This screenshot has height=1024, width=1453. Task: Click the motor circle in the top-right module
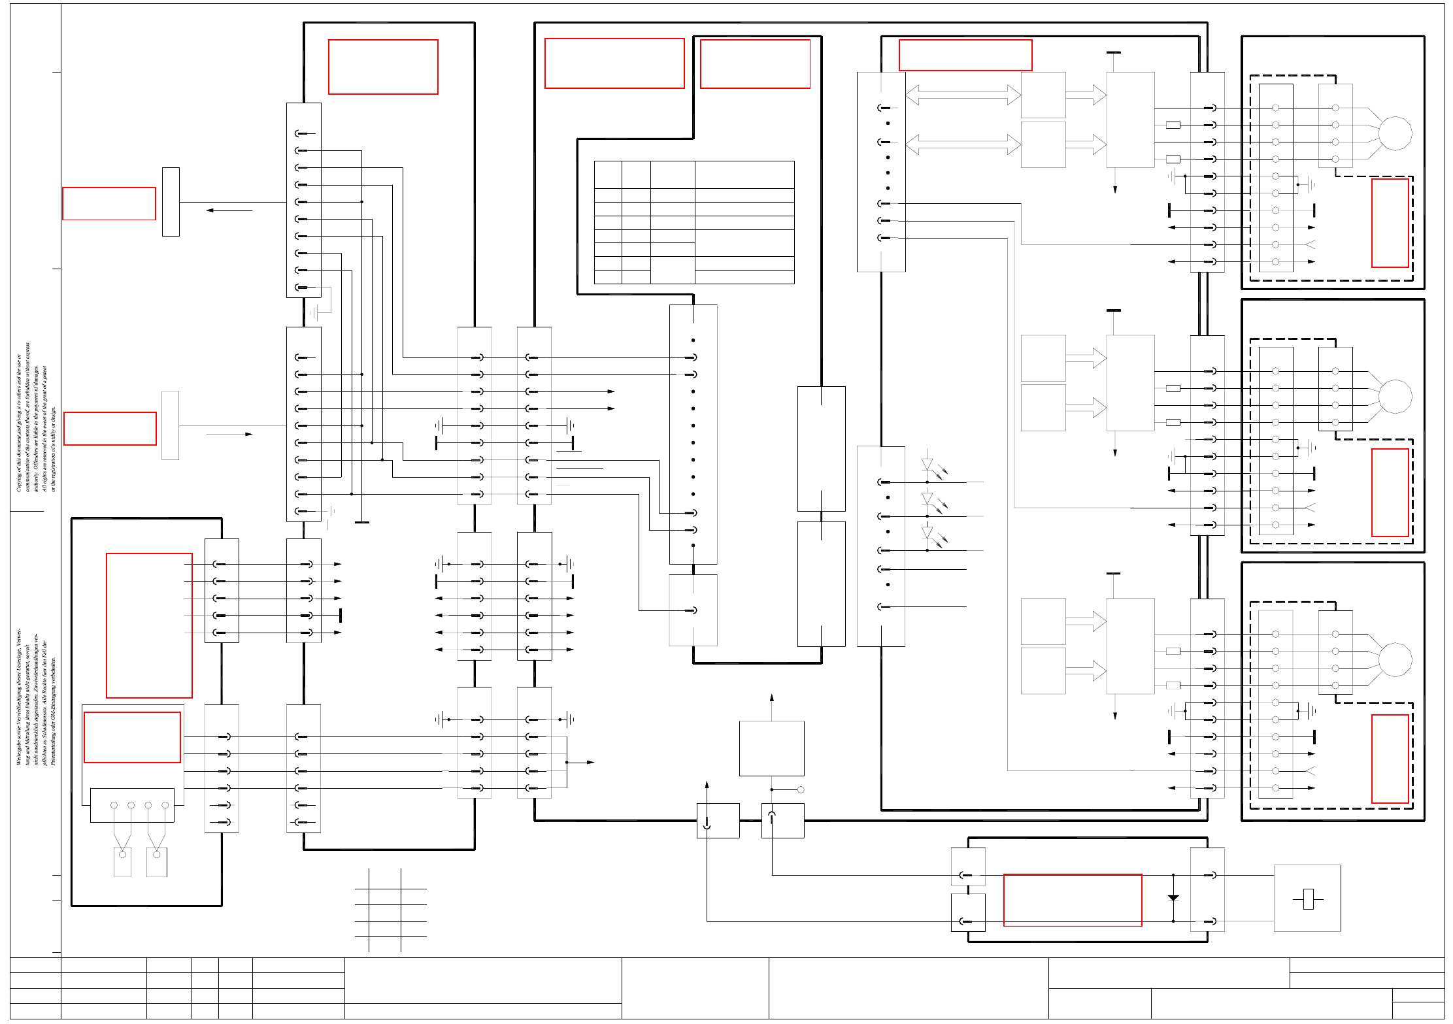1395,133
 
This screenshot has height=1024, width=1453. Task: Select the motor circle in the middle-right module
1395,397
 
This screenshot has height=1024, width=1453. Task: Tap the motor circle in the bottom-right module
1395,659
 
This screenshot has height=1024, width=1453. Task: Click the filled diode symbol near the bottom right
1173,898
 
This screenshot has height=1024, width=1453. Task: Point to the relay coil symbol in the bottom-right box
1308,899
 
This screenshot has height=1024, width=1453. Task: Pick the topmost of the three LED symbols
927,465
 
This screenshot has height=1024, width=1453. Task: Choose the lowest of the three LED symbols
927,533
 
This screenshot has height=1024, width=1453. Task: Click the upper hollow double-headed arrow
963,95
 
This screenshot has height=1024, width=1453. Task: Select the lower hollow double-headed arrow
963,144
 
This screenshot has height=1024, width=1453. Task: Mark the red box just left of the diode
1073,900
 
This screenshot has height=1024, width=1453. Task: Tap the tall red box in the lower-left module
149,625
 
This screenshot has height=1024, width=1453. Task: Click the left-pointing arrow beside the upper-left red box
229,210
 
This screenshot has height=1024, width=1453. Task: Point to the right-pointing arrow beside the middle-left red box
229,434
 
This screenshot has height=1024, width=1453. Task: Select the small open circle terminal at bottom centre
801,789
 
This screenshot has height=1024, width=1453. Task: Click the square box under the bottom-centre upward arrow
771,748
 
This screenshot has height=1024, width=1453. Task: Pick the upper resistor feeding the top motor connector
1173,125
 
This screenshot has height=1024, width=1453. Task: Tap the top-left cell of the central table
608,174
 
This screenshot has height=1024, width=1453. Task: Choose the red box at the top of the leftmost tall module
383,67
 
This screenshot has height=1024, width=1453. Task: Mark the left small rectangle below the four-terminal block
122,862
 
